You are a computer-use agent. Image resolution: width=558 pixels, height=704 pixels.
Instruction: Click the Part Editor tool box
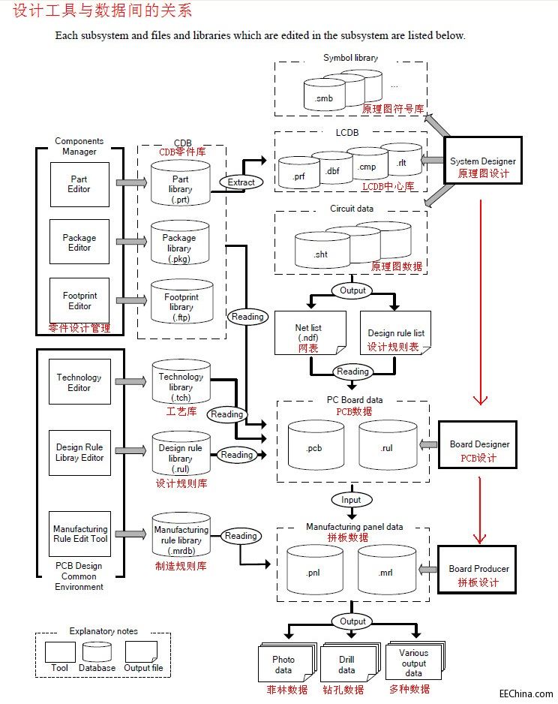(79, 185)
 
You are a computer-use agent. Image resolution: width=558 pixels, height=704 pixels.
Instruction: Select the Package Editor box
(79, 242)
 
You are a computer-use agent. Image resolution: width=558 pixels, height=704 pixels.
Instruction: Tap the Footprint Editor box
(79, 301)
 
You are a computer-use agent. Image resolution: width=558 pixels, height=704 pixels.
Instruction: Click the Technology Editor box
(79, 383)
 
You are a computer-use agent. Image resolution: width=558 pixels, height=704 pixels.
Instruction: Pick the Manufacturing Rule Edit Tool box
(80, 534)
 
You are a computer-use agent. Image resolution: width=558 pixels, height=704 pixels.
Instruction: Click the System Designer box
(482, 167)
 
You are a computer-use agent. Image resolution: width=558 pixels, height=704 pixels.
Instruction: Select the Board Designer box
(478, 450)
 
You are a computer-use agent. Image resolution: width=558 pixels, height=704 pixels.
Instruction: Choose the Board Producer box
(478, 573)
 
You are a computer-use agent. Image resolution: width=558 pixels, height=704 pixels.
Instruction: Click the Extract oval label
(241, 182)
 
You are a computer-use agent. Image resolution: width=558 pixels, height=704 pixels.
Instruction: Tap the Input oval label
(350, 500)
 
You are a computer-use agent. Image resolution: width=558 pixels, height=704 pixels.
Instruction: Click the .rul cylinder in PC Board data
(386, 447)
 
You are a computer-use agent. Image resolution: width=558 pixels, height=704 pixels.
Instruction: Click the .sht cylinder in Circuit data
(321, 254)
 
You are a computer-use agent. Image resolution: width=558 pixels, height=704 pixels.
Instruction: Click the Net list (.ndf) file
(309, 332)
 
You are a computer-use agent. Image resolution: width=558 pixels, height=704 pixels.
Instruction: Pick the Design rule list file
(395, 332)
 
